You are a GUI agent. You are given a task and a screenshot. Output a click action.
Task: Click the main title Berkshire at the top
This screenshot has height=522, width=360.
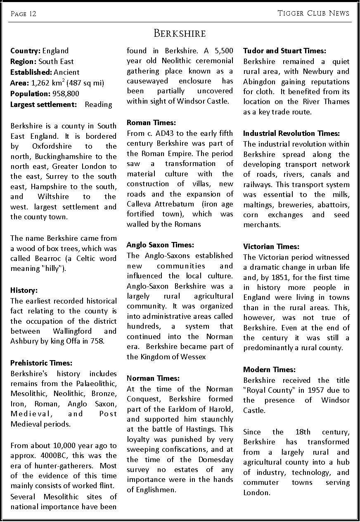point(180,33)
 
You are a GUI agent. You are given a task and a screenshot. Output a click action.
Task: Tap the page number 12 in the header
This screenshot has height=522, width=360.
point(33,14)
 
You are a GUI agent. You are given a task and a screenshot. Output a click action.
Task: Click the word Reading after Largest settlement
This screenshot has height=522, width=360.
point(98,104)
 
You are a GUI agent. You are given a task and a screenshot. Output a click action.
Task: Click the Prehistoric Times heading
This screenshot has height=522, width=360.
point(41,363)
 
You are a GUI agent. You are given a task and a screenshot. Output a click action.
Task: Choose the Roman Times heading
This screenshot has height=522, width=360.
point(151,123)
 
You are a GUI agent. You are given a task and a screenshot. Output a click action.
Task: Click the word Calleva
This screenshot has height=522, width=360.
point(140,204)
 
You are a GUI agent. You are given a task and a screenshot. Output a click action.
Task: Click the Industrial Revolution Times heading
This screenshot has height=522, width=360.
point(291,133)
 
